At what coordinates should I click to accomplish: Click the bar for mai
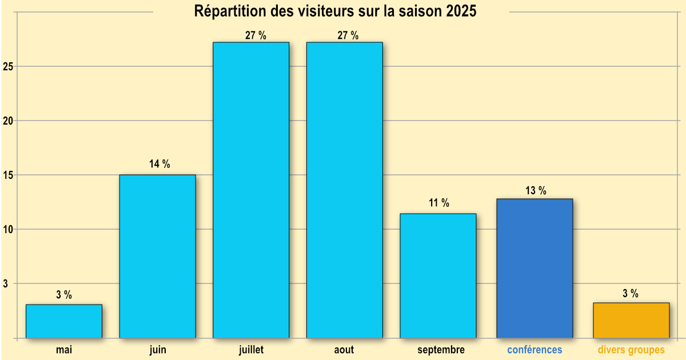(x=64, y=321)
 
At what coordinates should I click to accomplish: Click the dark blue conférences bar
(x=535, y=268)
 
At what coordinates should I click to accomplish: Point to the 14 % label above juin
(x=159, y=165)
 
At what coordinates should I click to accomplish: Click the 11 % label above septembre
(x=439, y=203)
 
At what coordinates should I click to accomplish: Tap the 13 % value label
(x=536, y=191)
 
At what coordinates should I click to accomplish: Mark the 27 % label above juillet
(x=256, y=35)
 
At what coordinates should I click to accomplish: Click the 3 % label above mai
(x=64, y=295)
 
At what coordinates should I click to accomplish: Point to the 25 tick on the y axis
(x=8, y=66)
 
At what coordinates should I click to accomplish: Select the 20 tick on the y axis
(x=8, y=121)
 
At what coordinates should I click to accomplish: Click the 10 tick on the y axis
(x=8, y=229)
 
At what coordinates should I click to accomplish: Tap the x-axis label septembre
(x=441, y=350)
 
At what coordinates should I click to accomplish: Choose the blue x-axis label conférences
(x=535, y=350)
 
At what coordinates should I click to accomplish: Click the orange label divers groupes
(x=631, y=350)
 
